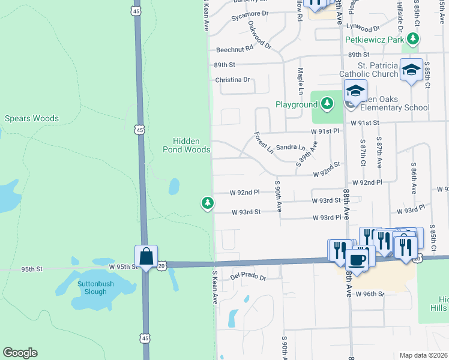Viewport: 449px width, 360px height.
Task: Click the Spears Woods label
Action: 32,118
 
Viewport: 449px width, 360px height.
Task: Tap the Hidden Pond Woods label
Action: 186,145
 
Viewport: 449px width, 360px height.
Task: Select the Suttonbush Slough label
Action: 92,287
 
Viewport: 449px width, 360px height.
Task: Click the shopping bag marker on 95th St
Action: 146,257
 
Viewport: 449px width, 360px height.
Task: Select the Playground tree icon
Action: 327,104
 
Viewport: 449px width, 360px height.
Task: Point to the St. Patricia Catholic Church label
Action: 368,70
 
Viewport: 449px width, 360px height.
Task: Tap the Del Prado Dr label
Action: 248,278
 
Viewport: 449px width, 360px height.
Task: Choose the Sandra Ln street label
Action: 291,147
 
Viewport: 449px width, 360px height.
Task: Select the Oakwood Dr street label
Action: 260,37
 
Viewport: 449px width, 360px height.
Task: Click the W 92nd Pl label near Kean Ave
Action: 244,193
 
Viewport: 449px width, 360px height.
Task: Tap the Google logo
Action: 20,353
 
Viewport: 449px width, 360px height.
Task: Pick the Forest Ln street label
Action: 264,143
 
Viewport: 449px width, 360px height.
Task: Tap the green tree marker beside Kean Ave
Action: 208,203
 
